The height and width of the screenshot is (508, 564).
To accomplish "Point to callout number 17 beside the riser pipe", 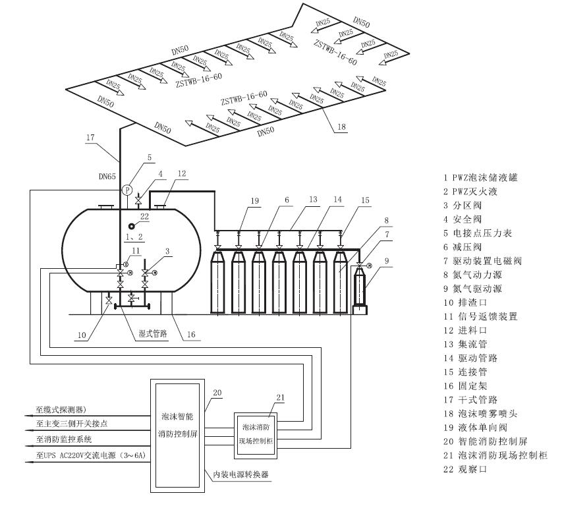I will click(x=91, y=137).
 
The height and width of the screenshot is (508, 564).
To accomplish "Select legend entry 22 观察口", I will click(x=468, y=468).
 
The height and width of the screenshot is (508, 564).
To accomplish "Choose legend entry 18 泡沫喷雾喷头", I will click(x=483, y=413).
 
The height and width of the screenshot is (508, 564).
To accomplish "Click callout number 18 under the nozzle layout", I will click(x=340, y=126).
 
